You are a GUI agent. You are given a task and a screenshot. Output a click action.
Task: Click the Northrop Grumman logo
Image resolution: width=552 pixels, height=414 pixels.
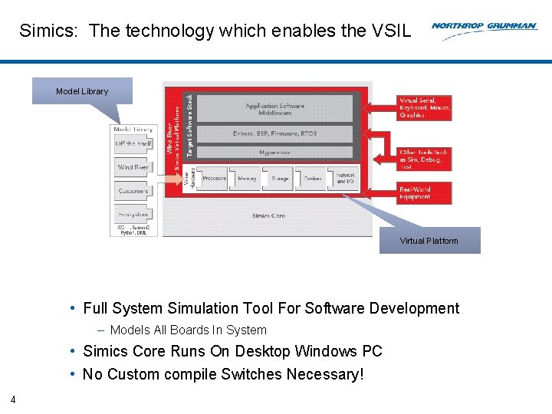tap(484, 26)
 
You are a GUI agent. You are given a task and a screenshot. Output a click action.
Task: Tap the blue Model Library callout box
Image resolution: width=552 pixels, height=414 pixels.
tap(82, 91)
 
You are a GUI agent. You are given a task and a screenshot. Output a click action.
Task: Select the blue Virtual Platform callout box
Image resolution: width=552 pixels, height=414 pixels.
tap(429, 241)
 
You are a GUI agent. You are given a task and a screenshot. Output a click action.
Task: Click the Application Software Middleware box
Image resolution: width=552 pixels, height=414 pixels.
tap(274, 109)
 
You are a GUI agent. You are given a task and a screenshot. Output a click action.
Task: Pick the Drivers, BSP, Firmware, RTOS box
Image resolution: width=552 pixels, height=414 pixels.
tap(274, 133)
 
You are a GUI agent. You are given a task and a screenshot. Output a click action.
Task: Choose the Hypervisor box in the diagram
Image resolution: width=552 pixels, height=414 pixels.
tap(274, 153)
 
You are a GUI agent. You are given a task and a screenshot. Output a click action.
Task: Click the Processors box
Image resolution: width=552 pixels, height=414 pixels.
tap(213, 178)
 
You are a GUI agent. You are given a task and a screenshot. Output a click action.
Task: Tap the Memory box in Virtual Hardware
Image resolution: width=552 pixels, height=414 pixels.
tap(247, 178)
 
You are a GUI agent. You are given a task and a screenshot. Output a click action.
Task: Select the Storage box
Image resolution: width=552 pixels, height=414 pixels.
tap(280, 178)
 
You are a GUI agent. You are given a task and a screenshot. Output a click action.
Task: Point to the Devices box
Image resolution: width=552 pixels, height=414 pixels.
tap(312, 178)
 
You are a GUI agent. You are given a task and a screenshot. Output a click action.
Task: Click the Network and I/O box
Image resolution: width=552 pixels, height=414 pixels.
tap(345, 178)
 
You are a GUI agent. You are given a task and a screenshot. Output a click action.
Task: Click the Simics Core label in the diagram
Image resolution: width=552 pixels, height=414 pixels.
tap(268, 215)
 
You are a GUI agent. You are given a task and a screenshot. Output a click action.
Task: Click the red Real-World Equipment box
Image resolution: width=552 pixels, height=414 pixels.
tap(424, 192)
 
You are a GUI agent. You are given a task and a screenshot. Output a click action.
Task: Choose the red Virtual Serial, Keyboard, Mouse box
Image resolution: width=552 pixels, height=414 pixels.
tap(424, 107)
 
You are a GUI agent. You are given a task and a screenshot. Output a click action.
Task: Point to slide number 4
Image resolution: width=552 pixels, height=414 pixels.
tap(13, 399)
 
